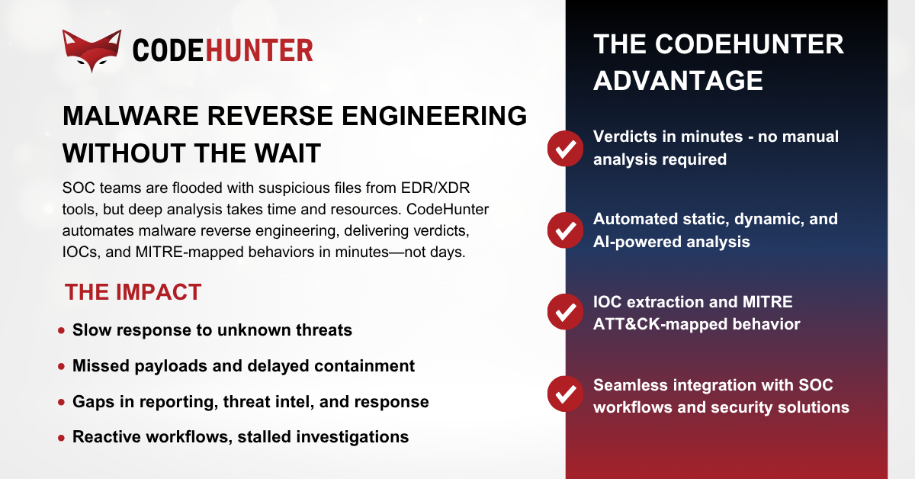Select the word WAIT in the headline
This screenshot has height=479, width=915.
283,153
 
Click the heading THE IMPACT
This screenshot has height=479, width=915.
133,292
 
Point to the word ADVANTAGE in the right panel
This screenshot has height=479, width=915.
678,80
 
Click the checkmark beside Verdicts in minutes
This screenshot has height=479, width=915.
566,148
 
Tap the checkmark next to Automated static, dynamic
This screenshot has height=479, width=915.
566,230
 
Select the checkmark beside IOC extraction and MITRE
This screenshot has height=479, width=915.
566,313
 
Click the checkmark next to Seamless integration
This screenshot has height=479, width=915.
566,396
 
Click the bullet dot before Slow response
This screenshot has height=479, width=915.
61,331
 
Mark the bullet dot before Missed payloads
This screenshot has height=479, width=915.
61,367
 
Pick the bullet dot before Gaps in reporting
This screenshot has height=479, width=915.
61,402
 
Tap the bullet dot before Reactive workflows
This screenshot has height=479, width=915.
61,438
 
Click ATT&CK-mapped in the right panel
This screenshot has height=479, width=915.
653,324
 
